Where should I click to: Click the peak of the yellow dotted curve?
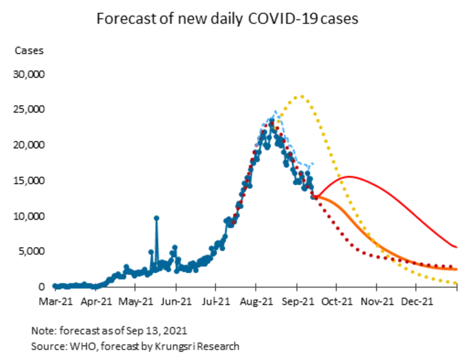303,95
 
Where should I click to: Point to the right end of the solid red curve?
458,248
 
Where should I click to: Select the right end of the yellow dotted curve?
458,284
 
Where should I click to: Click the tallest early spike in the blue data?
157,217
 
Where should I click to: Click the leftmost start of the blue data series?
52,285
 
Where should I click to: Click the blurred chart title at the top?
229,21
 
